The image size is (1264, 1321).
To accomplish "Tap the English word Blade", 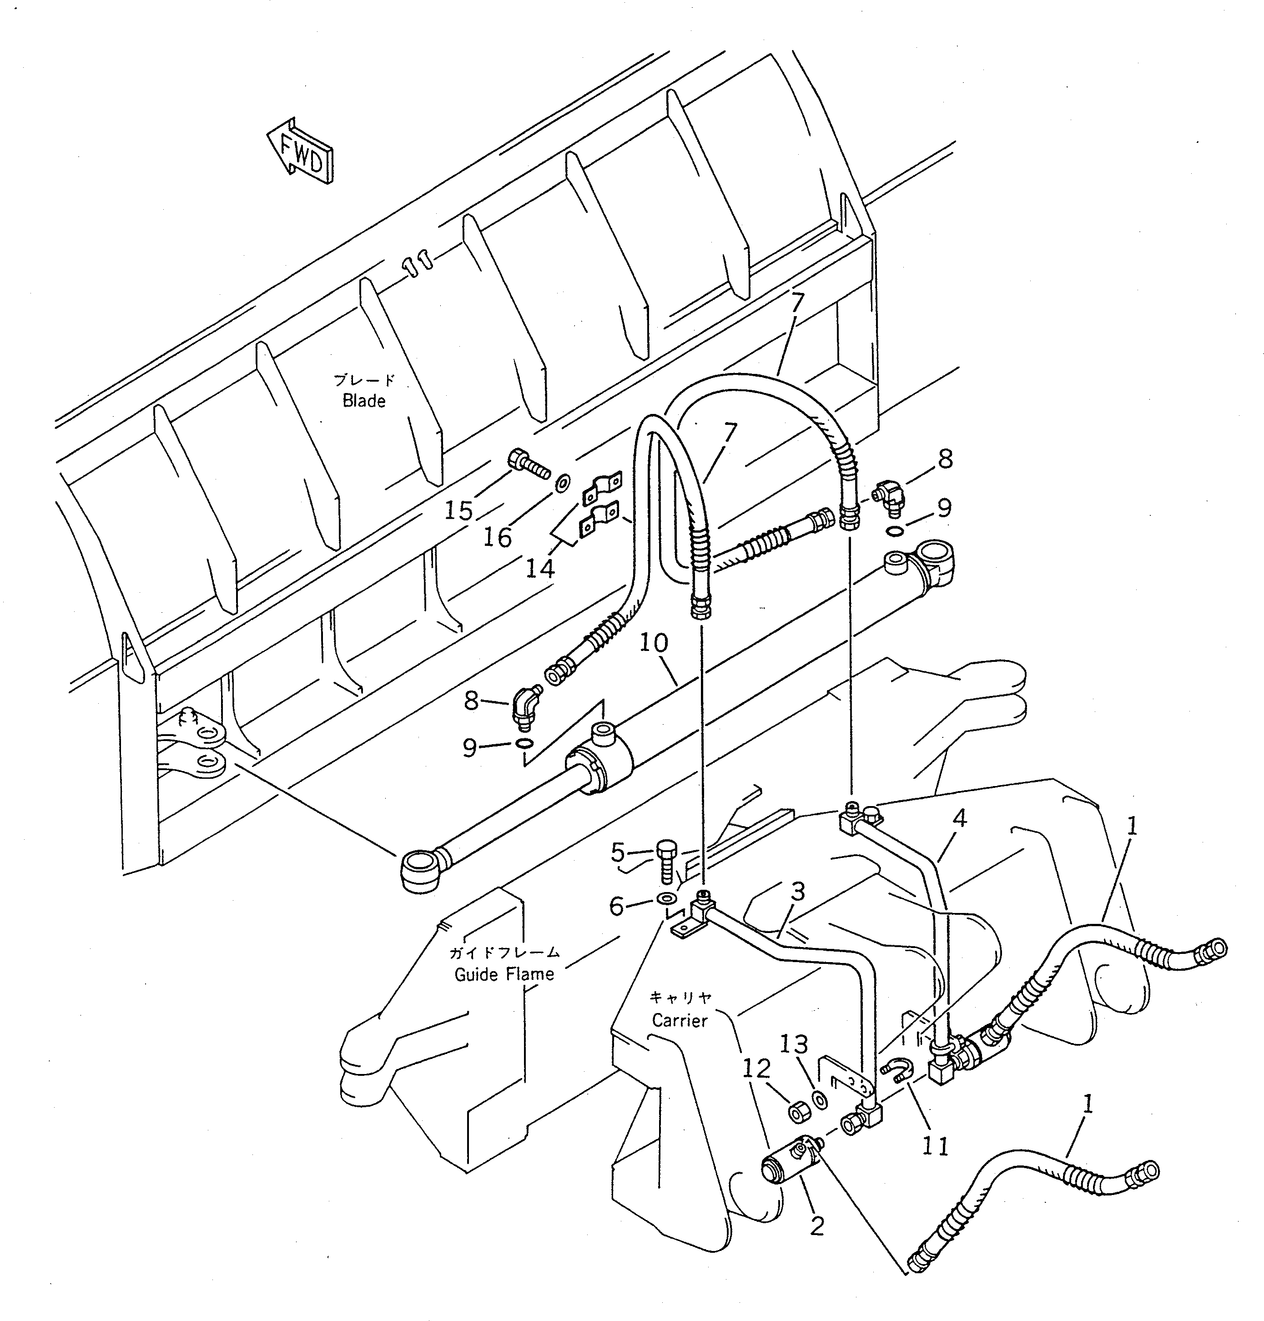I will click(364, 401).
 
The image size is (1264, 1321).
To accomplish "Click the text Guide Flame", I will click(504, 974).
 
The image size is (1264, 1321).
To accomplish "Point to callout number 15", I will click(458, 510).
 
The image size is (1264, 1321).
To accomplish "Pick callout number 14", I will click(540, 568).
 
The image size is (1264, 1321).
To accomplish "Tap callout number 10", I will click(653, 642).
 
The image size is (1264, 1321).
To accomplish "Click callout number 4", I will click(959, 818).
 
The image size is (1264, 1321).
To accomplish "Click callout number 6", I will click(616, 907).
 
